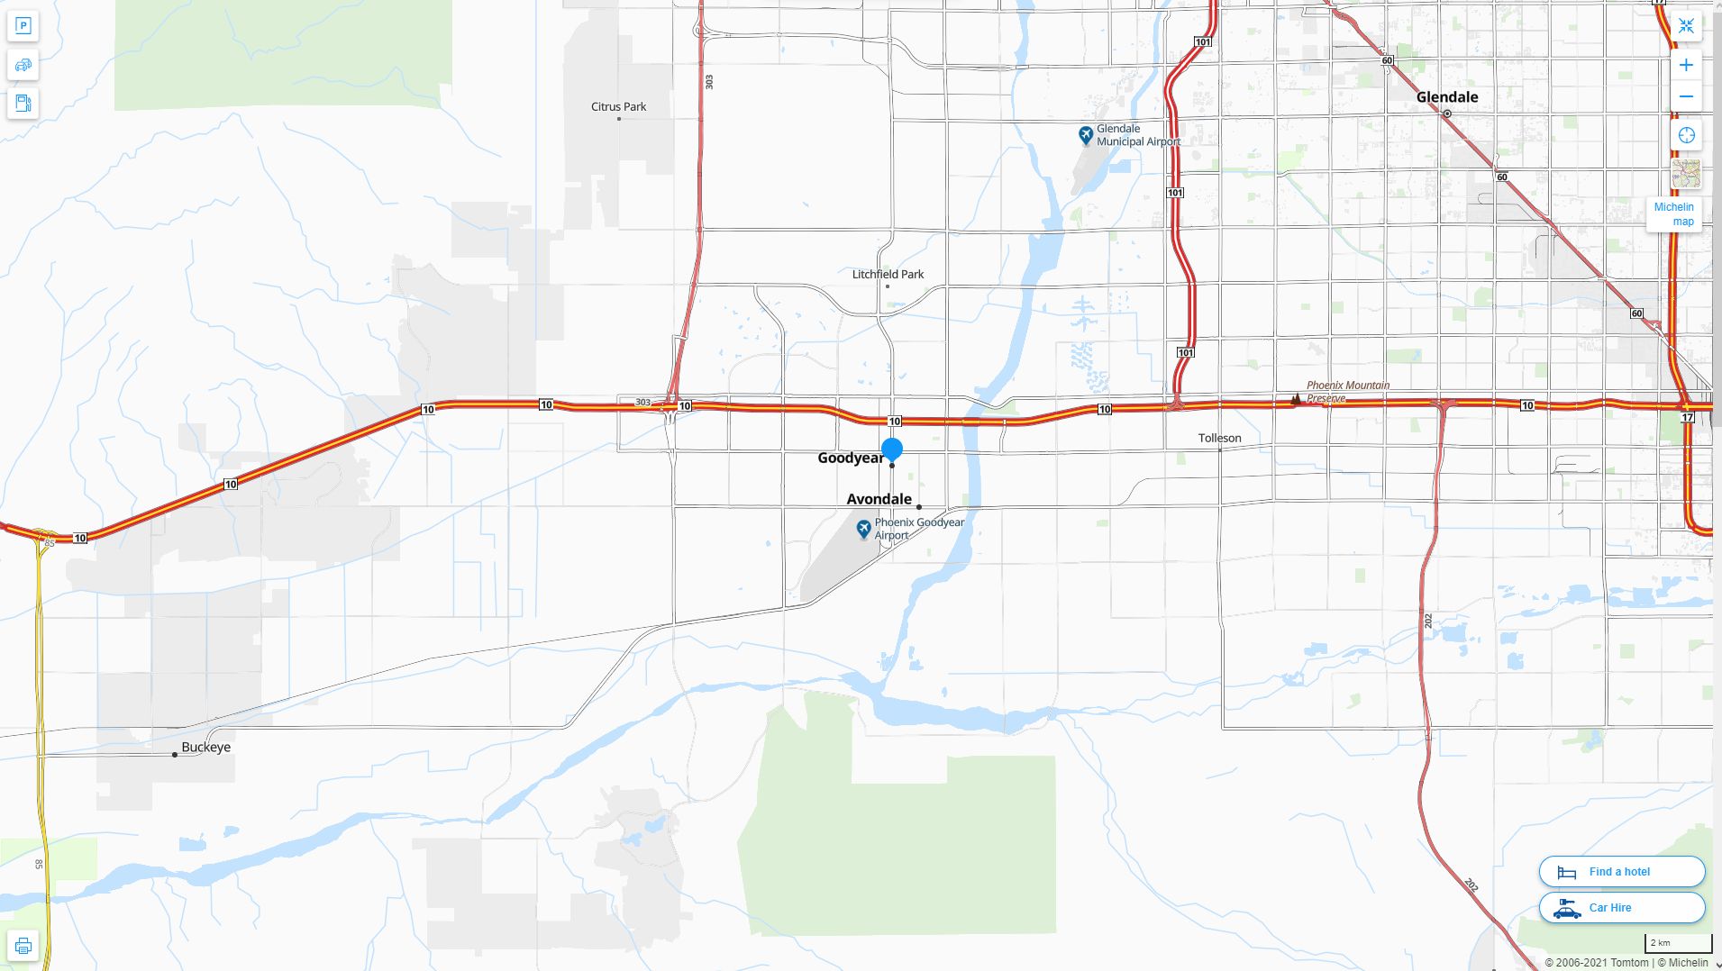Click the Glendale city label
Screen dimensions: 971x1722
coord(1446,97)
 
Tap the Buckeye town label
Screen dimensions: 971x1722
coord(205,748)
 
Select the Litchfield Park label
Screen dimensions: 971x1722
coord(888,275)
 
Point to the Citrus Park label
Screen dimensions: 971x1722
coord(618,107)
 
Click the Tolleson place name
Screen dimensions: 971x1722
coord(1219,439)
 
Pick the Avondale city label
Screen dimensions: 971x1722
coord(879,499)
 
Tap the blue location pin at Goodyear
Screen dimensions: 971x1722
coord(892,449)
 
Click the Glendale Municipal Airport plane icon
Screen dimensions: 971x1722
coord(1086,135)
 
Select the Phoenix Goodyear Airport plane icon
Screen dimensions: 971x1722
coord(863,529)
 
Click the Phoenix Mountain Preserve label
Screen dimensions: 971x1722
coord(1347,391)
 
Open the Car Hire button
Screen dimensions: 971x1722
coord(1621,908)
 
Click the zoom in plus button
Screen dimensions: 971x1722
coord(1686,65)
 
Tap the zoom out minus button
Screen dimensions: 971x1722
coord(1686,96)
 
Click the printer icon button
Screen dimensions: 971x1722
coord(23,946)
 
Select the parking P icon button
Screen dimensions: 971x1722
coord(23,26)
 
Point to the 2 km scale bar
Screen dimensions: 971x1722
coord(1677,943)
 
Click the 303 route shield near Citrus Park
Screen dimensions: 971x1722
coord(709,82)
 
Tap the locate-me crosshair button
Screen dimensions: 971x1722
coord(1686,135)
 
